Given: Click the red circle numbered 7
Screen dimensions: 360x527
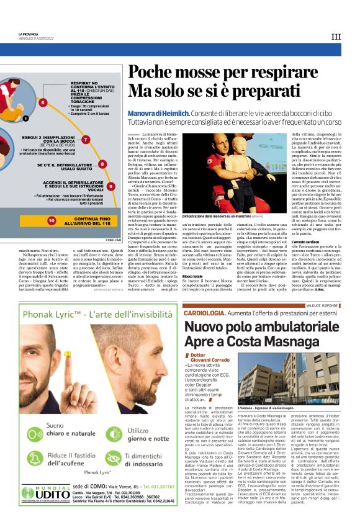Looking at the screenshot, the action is coord(86,140).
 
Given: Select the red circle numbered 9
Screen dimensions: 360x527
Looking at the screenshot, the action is coord(110,186).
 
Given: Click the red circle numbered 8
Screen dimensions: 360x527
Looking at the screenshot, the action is coord(102,164).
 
